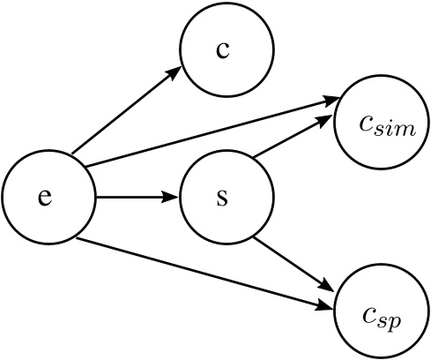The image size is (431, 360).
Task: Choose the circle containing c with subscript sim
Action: [x=381, y=124]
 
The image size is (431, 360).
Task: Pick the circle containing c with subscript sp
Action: [x=381, y=312]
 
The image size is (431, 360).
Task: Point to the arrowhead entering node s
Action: [x=171, y=196]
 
